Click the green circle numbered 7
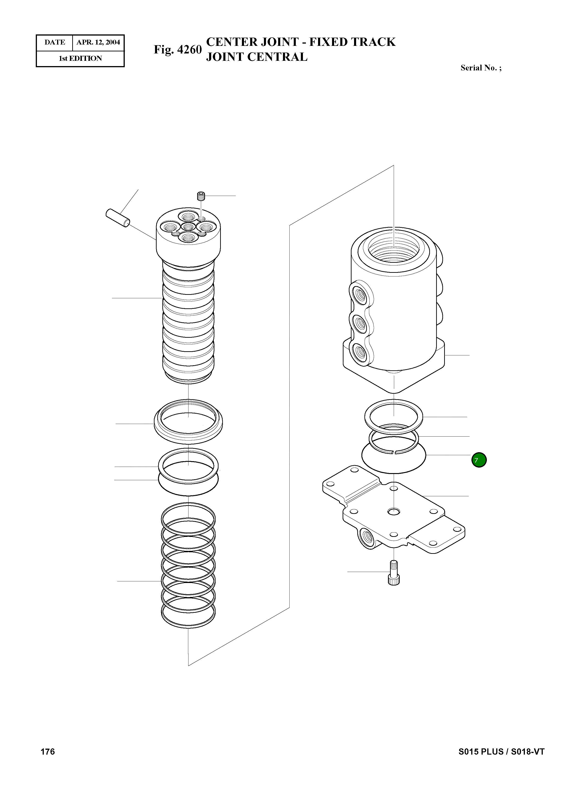pos(479,460)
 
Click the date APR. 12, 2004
pos(98,42)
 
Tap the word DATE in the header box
pos(55,42)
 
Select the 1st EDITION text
pos(80,59)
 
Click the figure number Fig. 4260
pos(178,50)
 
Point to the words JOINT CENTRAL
pos(257,57)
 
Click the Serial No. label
pos(481,68)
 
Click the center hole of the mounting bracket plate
pos(394,512)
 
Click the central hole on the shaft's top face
pos(188,227)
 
